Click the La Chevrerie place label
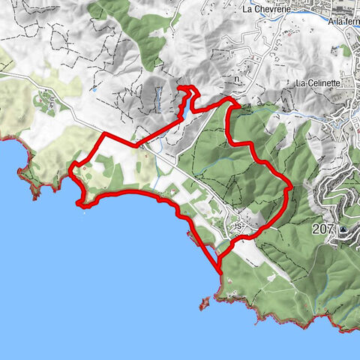point(268,10)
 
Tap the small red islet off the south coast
point(202,303)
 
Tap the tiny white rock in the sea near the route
point(84,211)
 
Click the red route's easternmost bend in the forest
point(289,187)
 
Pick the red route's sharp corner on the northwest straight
point(101,133)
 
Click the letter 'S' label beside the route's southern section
point(238,225)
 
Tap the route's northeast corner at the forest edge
point(229,101)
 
